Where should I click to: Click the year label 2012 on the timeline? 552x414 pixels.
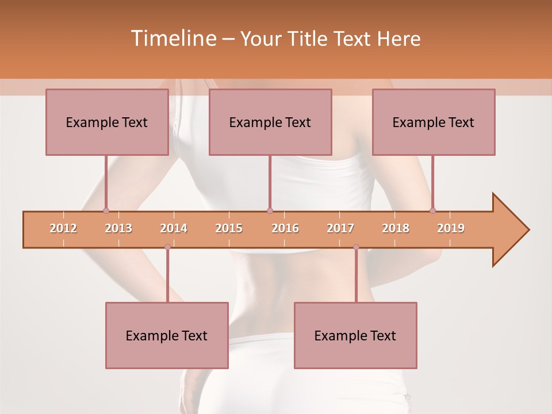tap(63, 228)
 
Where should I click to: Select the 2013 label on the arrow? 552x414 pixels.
tap(118, 228)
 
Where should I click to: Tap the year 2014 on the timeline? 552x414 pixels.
tap(174, 228)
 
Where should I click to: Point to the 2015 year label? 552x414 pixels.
tap(229, 228)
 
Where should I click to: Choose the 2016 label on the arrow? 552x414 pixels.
tap(285, 228)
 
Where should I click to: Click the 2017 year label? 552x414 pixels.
tap(340, 228)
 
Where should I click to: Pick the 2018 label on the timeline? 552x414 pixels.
tap(396, 228)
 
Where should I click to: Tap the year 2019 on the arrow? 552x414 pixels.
tap(451, 228)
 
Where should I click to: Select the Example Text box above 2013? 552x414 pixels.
tap(107, 122)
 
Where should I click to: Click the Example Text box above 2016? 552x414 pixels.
tap(270, 122)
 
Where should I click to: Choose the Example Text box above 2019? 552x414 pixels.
tap(434, 122)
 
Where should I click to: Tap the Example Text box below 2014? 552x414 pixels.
tap(167, 335)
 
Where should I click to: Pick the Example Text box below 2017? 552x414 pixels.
tap(355, 335)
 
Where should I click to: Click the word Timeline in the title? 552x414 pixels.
tap(172, 39)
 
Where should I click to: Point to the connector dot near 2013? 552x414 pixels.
tap(106, 210)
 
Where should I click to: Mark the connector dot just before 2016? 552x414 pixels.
tap(270, 210)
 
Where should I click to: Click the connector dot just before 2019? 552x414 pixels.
tap(432, 210)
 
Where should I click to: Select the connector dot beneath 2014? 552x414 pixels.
tap(167, 247)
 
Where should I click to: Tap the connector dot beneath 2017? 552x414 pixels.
tap(356, 247)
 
